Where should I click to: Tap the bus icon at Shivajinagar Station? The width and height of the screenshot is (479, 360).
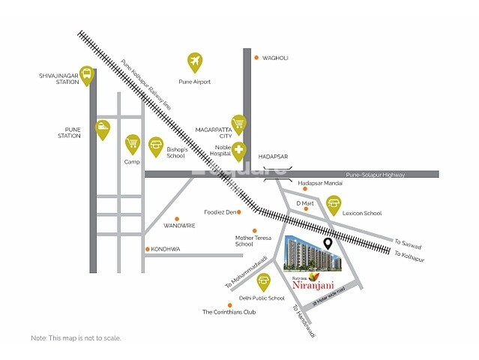88,73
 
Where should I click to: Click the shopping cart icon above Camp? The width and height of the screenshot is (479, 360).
133,142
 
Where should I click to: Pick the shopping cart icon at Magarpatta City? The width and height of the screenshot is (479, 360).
239,122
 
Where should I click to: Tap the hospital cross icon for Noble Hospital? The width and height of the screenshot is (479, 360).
239,149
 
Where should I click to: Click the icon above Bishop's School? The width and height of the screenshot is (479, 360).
157,144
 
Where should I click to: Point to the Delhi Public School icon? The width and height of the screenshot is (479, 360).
263,281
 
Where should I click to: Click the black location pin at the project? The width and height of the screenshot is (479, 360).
328,244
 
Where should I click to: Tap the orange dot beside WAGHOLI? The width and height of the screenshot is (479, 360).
256,58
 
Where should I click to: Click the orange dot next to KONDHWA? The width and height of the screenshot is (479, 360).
147,249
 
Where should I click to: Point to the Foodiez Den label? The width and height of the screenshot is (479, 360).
220,212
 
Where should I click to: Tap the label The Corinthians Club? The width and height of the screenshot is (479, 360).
229,311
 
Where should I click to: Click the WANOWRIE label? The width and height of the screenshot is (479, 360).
180,224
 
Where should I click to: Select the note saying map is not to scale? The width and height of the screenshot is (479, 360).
76,338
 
